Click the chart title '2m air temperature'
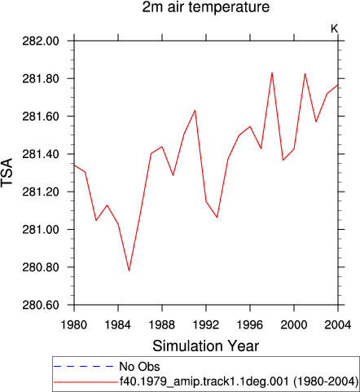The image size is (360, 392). point(206,7)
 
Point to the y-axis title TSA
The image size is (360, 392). point(7,172)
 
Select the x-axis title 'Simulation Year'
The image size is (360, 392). point(205,346)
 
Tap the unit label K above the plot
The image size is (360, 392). point(334,29)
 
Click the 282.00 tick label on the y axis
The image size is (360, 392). point(41,41)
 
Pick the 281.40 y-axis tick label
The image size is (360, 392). point(41,154)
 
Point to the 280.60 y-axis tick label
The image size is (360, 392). point(41,305)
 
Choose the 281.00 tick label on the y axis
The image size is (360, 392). point(41,230)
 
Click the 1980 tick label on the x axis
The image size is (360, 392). point(74,324)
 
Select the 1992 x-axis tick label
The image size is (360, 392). point(206,324)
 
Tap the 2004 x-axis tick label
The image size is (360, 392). point(338,324)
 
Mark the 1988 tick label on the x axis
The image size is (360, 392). point(162,324)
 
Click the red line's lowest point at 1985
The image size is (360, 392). point(129,271)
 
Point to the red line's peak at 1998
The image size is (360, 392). point(272,73)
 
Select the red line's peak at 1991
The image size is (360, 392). point(195,110)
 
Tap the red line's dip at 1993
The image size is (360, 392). point(217,218)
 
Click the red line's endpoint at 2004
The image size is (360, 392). point(338,85)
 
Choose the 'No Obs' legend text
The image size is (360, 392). point(139,367)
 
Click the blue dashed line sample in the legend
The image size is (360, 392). point(84,367)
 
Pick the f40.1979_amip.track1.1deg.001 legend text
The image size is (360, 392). point(204,381)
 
